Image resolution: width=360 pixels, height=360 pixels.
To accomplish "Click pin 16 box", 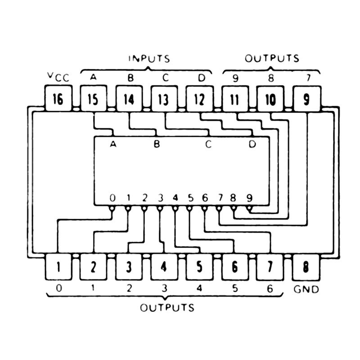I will point(58,99).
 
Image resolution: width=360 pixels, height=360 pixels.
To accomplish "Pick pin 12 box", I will point(199,99).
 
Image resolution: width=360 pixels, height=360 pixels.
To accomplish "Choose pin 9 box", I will point(306,99).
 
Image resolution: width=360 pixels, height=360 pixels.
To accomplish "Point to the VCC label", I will point(58,77).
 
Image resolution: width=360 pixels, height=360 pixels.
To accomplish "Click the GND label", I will point(306,289).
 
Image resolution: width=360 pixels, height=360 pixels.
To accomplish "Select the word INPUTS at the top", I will point(149,58).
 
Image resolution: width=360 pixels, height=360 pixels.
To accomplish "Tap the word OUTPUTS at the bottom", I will point(167,308).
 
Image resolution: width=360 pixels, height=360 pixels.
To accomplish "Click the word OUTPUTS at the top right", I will point(272,58).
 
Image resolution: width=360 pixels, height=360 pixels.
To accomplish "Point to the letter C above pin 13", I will point(165,77).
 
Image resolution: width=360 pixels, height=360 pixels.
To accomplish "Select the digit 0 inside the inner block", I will point(112,198).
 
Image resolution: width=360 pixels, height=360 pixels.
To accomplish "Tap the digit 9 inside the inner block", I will point(249,198).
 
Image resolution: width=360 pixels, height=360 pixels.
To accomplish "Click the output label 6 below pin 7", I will point(270,289).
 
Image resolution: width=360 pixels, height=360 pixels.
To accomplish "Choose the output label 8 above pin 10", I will point(271,77).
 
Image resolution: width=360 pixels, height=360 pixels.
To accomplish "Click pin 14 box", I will point(129,99).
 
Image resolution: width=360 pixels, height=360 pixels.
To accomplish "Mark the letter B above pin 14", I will point(130,77).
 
